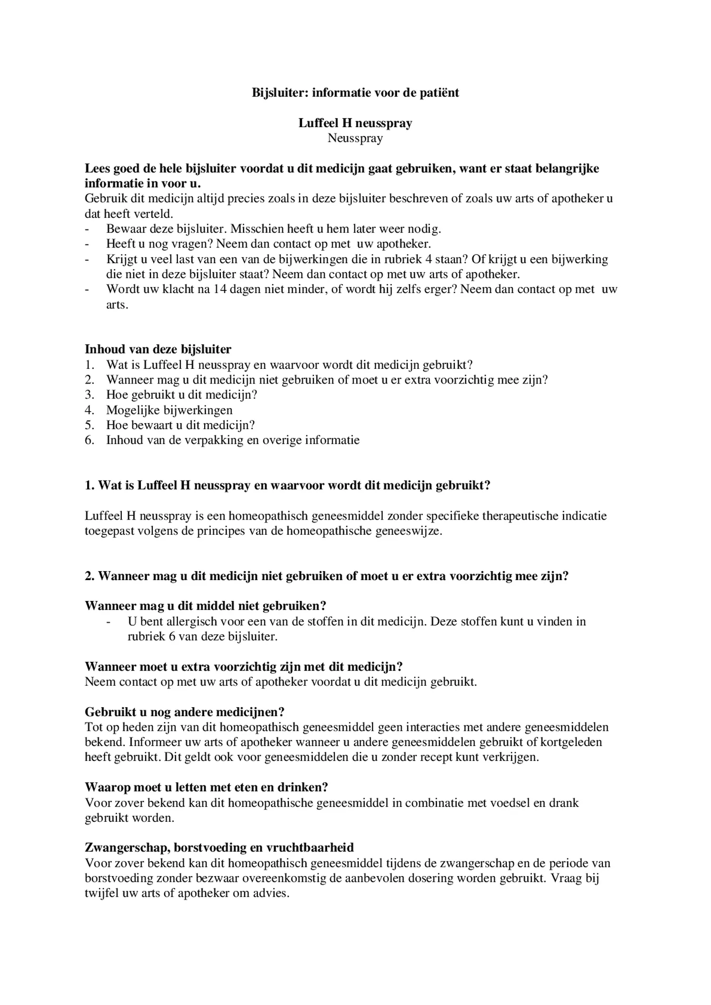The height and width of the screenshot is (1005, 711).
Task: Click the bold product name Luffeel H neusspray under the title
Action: click(x=355, y=123)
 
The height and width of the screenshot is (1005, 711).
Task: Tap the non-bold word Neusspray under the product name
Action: click(x=355, y=138)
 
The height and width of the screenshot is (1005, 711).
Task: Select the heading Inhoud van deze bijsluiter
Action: click(x=158, y=349)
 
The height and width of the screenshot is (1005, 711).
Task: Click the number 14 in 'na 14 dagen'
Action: click(x=219, y=289)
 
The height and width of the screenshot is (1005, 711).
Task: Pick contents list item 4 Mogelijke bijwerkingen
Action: click(x=169, y=410)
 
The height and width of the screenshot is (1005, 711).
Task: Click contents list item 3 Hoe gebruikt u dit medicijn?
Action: click(x=181, y=394)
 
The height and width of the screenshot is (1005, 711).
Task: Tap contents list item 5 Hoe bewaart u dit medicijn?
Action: click(x=180, y=425)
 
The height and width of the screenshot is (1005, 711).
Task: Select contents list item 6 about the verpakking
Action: click(x=232, y=440)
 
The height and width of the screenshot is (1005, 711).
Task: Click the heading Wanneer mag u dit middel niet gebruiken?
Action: click(x=206, y=606)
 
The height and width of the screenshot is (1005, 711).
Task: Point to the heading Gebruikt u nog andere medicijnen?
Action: click(x=185, y=712)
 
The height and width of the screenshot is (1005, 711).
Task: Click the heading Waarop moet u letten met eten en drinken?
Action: click(x=207, y=788)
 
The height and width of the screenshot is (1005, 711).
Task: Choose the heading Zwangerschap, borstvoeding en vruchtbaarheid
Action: click(x=219, y=847)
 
